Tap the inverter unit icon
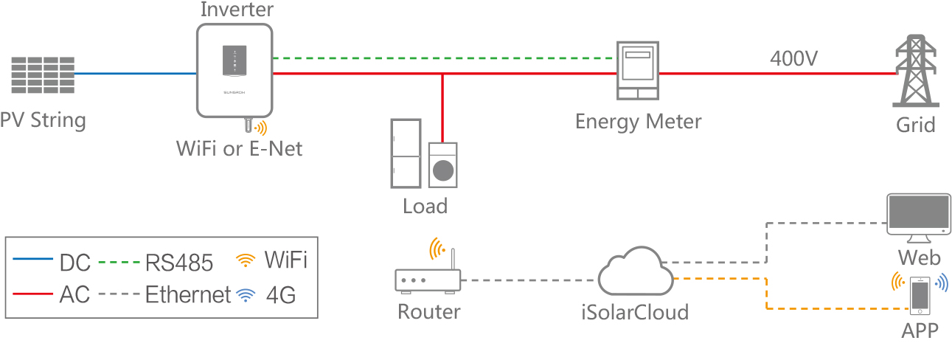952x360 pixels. (x=234, y=69)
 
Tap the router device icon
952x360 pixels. (x=428, y=280)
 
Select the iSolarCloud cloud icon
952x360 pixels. (x=636, y=273)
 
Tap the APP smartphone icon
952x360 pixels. (x=920, y=294)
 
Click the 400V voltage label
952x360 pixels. (x=793, y=58)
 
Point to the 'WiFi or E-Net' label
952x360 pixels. (x=239, y=148)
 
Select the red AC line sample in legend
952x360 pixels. (x=34, y=294)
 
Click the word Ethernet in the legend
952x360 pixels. (x=188, y=294)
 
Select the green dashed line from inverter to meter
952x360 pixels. (x=442, y=58)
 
